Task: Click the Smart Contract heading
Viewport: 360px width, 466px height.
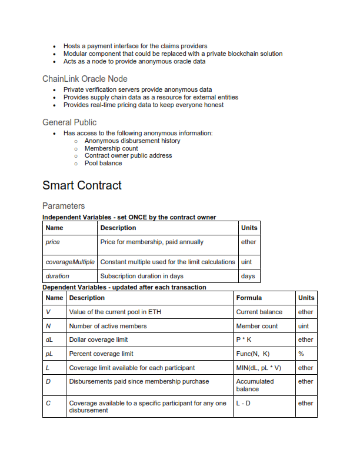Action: pos(82,185)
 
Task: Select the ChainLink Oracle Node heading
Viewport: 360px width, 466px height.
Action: pos(85,79)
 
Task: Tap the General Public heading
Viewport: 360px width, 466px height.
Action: pos(69,122)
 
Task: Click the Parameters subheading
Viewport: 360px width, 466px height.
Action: pos(64,206)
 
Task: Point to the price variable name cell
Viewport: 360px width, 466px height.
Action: pos(53,242)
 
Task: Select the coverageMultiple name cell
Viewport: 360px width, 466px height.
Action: pos(70,262)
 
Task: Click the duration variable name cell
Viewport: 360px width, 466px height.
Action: pos(58,276)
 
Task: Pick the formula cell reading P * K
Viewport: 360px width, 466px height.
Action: pos(244,340)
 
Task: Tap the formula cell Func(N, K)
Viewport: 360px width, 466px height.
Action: pos(253,354)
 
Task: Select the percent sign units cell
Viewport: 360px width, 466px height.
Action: pos(301,354)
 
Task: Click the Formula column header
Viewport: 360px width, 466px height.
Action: pos(249,298)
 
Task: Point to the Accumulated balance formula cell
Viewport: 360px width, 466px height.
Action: pos(255,385)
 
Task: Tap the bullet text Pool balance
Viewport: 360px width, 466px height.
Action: pos(103,164)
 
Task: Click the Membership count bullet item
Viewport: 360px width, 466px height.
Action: pos(111,149)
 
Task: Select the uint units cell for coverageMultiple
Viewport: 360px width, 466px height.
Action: pos(247,262)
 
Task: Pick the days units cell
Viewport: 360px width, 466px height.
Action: pos(248,276)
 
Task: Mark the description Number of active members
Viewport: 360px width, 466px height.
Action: pos(108,326)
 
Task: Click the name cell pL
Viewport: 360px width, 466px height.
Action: pos(49,354)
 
